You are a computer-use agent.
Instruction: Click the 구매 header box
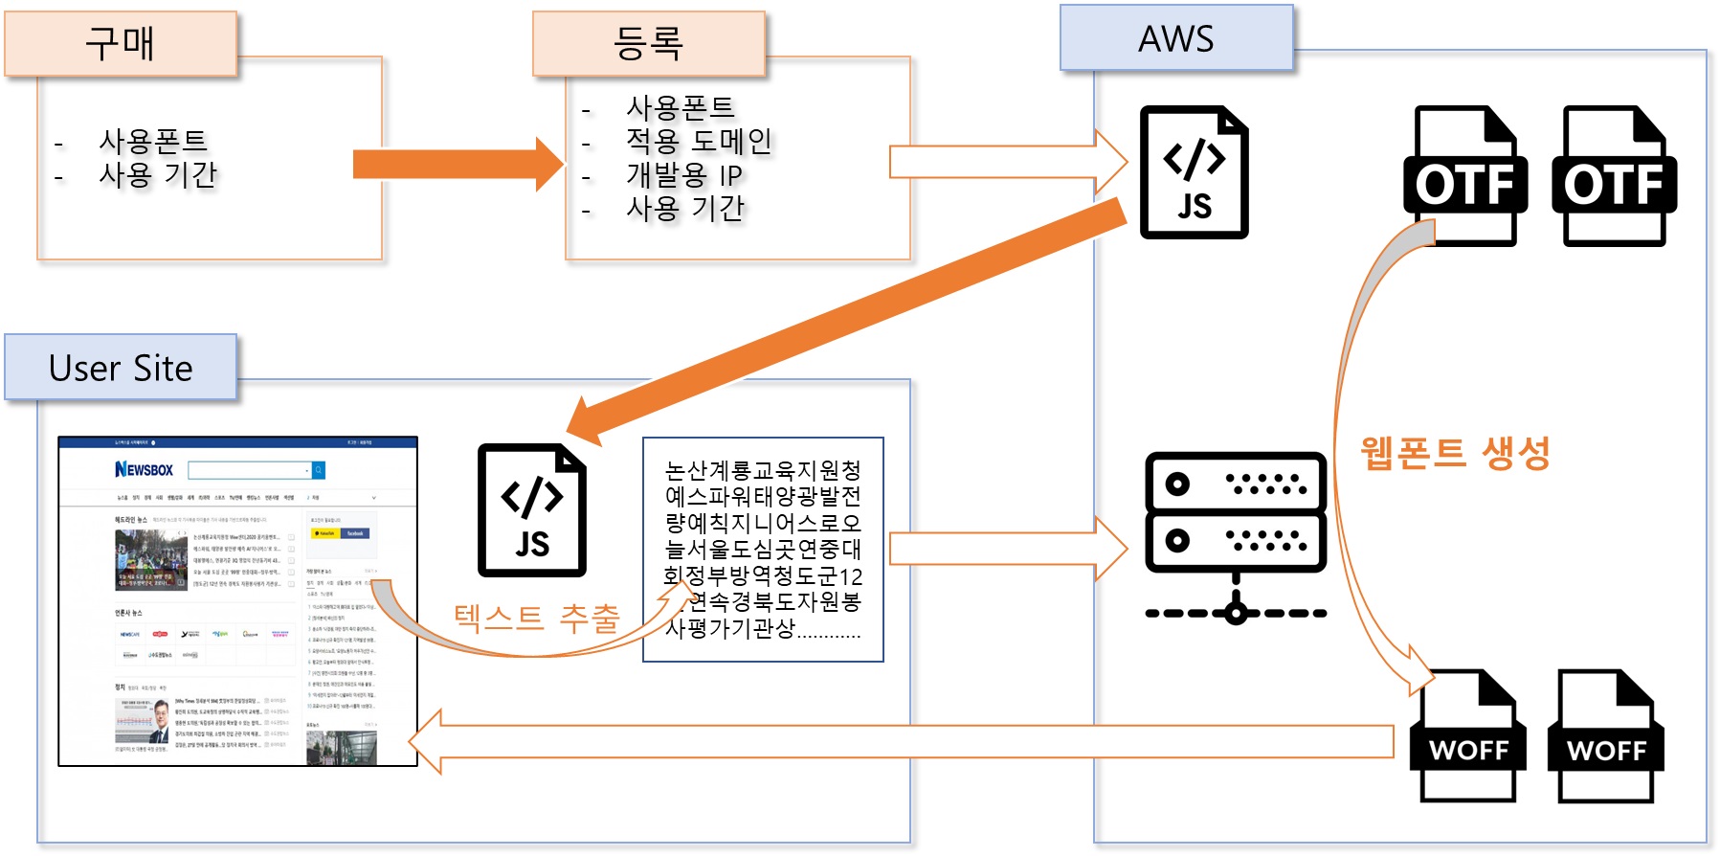click(121, 44)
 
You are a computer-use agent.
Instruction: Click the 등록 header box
click(649, 44)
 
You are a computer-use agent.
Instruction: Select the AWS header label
click(1176, 38)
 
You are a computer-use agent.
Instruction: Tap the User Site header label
click(121, 368)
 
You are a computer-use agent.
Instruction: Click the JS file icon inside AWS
click(1194, 172)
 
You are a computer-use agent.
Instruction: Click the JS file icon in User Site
click(532, 510)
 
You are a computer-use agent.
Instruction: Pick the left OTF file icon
click(1464, 177)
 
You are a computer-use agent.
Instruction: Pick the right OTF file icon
click(1614, 177)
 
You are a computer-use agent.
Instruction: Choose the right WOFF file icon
click(1606, 735)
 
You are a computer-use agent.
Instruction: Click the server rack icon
click(1236, 536)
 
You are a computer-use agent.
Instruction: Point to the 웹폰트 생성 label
click(1455, 452)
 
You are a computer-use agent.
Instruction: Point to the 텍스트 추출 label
click(537, 618)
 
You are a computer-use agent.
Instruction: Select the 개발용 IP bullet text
click(684, 175)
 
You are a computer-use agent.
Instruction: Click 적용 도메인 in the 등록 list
click(699, 142)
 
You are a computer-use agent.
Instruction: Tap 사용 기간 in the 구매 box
click(158, 175)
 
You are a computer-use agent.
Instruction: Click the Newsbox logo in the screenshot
click(145, 469)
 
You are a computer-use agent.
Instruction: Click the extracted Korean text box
click(763, 550)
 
